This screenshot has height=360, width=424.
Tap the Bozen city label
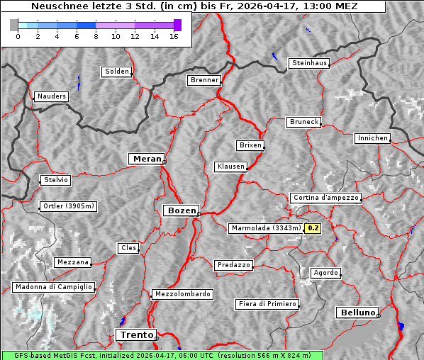pyautogui.click(x=181, y=210)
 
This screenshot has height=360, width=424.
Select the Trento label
pyautogui.click(x=135, y=334)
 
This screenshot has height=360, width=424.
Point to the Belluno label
pyautogui.click(x=357, y=312)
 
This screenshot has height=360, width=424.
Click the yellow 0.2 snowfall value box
pyautogui.click(x=313, y=228)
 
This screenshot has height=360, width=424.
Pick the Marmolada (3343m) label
pyautogui.click(x=266, y=228)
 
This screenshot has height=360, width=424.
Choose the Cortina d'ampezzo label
pyautogui.click(x=325, y=198)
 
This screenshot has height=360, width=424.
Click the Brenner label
pyautogui.click(x=204, y=80)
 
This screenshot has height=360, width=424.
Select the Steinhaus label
pyautogui.click(x=310, y=63)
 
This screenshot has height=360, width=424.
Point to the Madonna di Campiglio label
pyautogui.click(x=53, y=287)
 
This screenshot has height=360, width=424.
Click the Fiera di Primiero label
pyautogui.click(x=267, y=304)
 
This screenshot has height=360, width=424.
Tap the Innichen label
pyautogui.click(x=372, y=138)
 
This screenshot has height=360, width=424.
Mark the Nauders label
pyautogui.click(x=51, y=96)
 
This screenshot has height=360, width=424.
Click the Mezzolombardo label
pyautogui.click(x=182, y=294)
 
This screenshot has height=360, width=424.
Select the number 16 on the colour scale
pyautogui.click(x=173, y=36)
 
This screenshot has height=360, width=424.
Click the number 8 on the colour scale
pyautogui.click(x=96, y=36)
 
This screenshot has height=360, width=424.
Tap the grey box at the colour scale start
pyautogui.click(x=14, y=25)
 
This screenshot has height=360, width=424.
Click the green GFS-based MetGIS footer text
pyautogui.click(x=162, y=355)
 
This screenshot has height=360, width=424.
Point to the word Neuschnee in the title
pyautogui.click(x=57, y=6)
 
